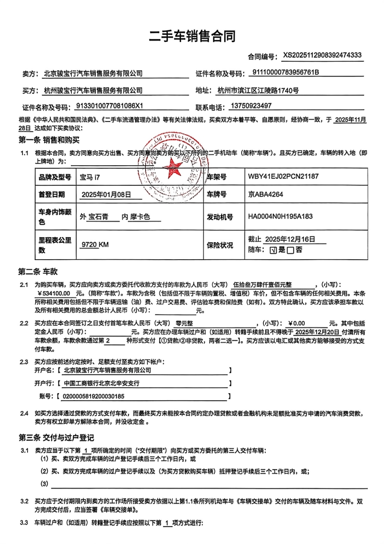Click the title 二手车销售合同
[x=192, y=37]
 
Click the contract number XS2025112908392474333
[x=322, y=55]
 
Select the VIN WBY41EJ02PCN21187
[x=283, y=176]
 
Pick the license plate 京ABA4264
[x=265, y=195]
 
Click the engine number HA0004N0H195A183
[x=280, y=217]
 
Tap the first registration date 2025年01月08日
[x=106, y=195]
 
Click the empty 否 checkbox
[x=290, y=250]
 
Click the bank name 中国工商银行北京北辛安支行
[x=101, y=383]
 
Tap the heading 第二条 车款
[x=38, y=271]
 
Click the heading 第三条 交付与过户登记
[x=56, y=438]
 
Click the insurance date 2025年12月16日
[x=290, y=239]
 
